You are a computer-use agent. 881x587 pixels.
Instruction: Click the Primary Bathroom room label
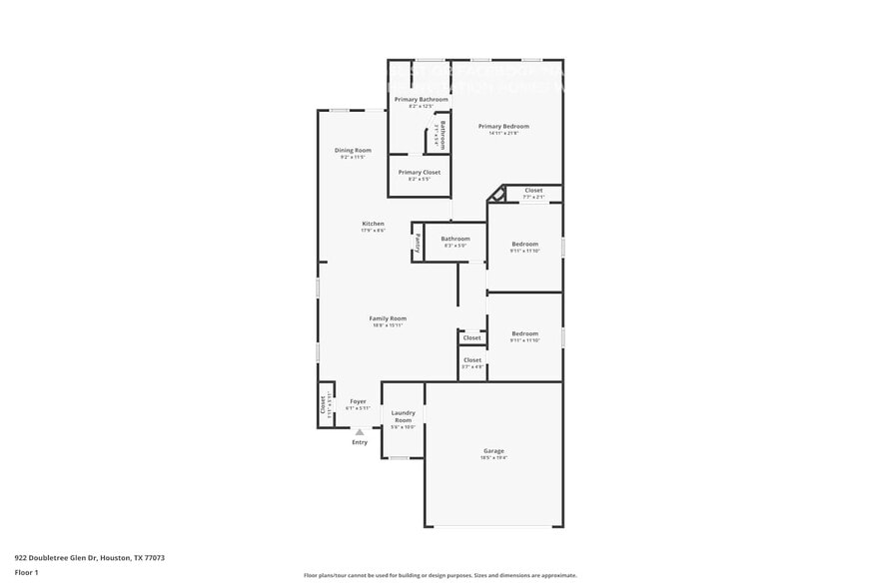[421, 100]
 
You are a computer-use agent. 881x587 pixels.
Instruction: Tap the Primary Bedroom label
[503, 127]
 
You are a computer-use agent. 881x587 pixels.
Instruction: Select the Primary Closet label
[419, 173]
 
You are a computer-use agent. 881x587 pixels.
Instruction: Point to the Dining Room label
[353, 151]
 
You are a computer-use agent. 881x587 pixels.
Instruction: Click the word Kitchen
[373, 224]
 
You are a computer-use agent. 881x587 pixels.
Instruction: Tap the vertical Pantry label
[418, 242]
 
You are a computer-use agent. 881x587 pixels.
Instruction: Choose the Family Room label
[389, 318]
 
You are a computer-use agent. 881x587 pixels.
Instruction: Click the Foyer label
[358, 401]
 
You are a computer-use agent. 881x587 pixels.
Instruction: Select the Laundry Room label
[403, 416]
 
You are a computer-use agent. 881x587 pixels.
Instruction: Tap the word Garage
[493, 451]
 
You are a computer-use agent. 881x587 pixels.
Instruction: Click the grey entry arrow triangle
[360, 432]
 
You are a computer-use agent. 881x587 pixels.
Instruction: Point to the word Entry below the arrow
[360, 442]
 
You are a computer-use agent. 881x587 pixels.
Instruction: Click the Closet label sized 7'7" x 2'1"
[533, 190]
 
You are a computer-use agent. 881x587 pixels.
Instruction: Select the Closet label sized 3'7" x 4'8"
[472, 360]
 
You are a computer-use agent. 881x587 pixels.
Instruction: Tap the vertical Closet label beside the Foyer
[323, 404]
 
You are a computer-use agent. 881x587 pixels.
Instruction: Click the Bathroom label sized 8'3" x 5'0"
[455, 239]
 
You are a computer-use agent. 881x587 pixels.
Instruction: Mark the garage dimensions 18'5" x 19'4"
[493, 458]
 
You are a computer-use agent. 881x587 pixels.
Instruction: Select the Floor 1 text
[26, 572]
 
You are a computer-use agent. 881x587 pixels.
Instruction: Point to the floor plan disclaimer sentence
[440, 575]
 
